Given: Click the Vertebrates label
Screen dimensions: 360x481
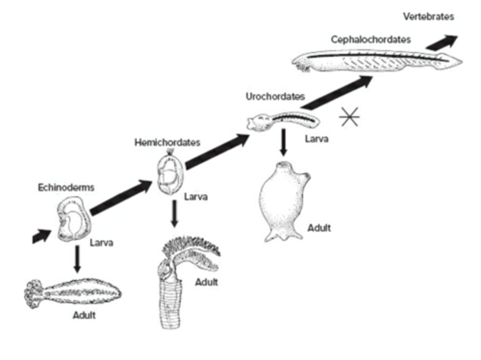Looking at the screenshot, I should point(428,16).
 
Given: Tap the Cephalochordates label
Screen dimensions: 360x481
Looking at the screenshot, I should point(370,39).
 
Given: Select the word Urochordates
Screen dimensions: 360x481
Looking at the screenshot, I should point(275,96).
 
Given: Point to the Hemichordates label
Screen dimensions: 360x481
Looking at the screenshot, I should point(167,142).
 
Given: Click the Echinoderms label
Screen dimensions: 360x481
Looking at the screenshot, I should point(66,187).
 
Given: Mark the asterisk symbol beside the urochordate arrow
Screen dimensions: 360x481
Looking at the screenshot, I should point(349,117).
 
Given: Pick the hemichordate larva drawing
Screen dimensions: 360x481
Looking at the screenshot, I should point(171,175).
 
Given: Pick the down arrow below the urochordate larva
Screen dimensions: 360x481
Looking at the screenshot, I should point(284,142).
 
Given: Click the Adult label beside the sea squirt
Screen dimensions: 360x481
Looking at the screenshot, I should point(319,228).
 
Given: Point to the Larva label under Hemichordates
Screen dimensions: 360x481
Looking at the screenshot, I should point(196,197).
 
